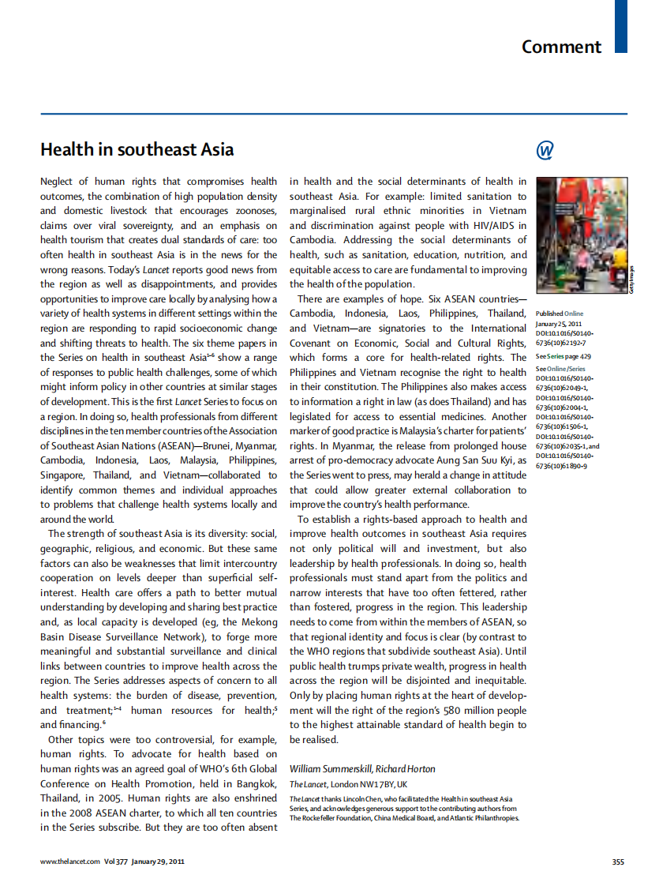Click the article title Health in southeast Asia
tap(137, 149)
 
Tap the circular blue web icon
tap(545, 150)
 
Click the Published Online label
tap(560, 313)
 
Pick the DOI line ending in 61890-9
tap(561, 466)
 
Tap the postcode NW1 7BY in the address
tap(378, 784)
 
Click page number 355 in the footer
tap(618, 862)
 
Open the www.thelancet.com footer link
tap(70, 862)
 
